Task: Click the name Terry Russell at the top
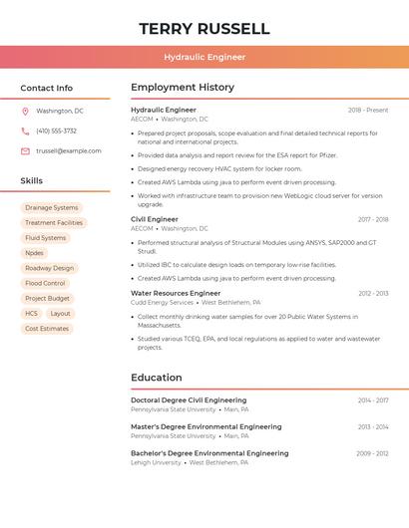click(204, 28)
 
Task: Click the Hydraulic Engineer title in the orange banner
click(204, 57)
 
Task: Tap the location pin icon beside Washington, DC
click(25, 112)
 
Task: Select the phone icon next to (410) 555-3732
click(25, 132)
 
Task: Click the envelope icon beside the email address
click(25, 151)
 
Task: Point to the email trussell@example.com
click(69, 151)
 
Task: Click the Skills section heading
click(32, 181)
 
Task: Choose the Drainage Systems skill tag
click(52, 208)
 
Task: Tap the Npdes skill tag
click(34, 253)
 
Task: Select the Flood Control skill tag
click(45, 283)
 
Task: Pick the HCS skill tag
click(31, 313)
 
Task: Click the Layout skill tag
click(61, 313)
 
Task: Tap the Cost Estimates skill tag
click(47, 328)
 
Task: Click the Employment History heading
click(183, 88)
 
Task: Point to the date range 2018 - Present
click(368, 110)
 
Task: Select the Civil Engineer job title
click(155, 219)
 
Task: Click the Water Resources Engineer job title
click(176, 293)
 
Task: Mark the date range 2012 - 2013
click(373, 294)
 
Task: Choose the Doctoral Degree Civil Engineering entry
click(189, 399)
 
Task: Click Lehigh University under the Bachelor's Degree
click(157, 462)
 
